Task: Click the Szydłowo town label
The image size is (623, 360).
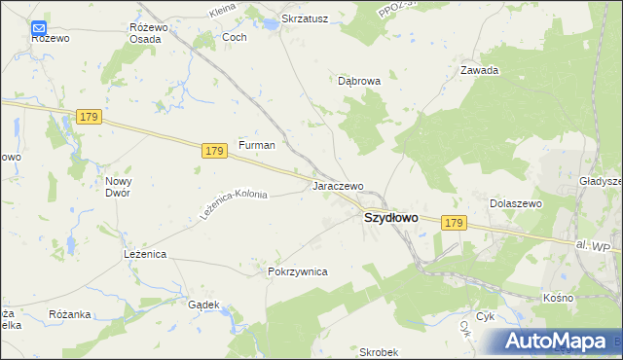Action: pos(390,219)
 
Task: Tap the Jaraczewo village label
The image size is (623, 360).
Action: pos(337,186)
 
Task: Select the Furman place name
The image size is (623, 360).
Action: pos(257,145)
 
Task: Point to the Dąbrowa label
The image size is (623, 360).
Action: pos(358,82)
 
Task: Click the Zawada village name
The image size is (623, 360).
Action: pos(479,70)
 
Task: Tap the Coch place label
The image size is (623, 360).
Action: pos(235,37)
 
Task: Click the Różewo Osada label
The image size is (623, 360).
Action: pos(149,32)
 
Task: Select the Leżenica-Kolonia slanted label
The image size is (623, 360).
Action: pos(234,202)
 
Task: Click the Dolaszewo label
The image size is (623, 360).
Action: pos(514,203)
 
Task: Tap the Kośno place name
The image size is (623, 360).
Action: pos(558,297)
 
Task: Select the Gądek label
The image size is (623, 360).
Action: pos(202,305)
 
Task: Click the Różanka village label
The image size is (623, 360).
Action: pos(69,314)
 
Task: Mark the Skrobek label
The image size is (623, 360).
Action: pos(380,351)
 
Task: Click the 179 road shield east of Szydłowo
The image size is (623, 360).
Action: pos(453,224)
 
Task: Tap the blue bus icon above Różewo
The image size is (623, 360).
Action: pos(40,27)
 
